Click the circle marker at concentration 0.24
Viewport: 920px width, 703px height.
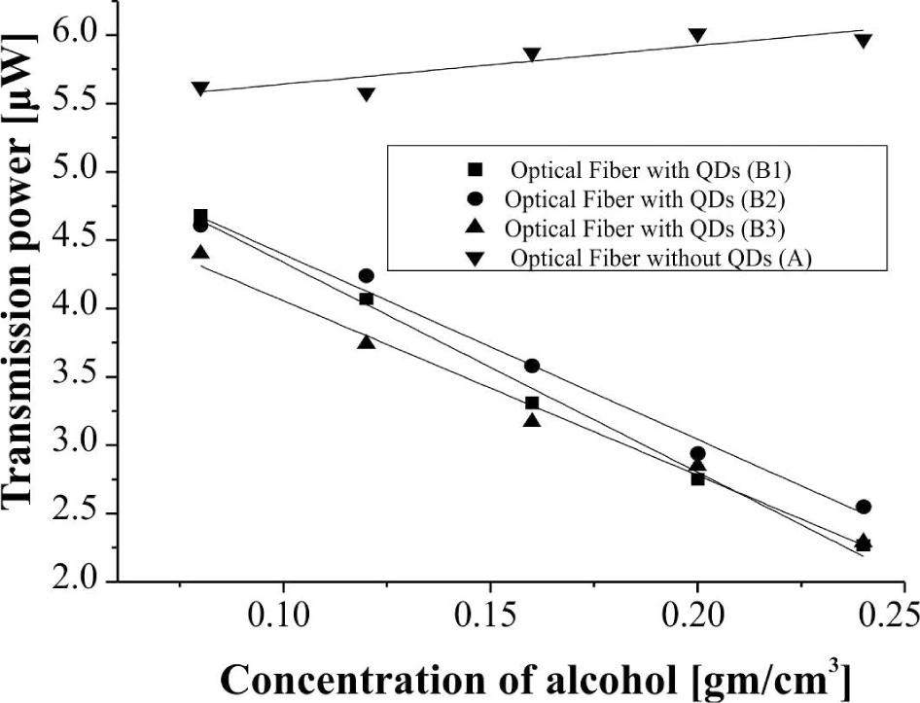pyautogui.click(x=863, y=507)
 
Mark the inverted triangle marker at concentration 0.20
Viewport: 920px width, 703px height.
pyautogui.click(x=697, y=36)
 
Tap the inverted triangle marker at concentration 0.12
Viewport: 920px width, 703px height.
pyautogui.click(x=366, y=95)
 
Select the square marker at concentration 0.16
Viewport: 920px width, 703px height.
pyautogui.click(x=532, y=403)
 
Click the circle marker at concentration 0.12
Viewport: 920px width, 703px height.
pyautogui.click(x=366, y=276)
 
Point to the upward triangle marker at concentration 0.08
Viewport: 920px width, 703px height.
pyautogui.click(x=200, y=253)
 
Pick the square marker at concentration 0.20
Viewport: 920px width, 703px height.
pyautogui.click(x=697, y=478)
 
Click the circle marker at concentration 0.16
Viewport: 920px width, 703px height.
pyautogui.click(x=532, y=366)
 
